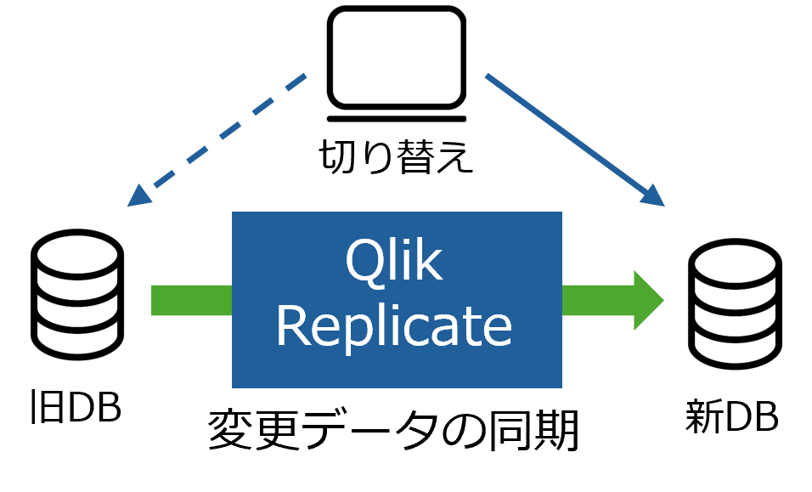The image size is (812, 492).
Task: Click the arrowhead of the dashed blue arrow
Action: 137,197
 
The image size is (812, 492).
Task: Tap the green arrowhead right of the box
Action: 650,300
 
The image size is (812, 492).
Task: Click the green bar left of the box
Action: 191,300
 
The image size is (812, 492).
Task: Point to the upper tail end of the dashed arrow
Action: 303,76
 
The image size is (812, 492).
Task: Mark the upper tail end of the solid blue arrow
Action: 487,76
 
